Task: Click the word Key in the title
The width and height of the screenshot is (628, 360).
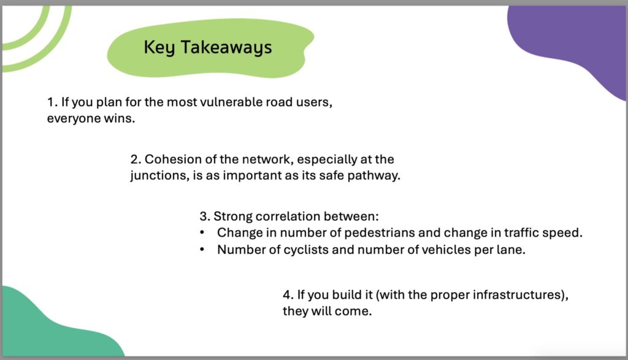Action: (x=159, y=48)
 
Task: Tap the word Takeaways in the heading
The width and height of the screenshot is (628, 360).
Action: (x=226, y=48)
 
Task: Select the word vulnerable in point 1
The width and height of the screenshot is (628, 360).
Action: (x=231, y=102)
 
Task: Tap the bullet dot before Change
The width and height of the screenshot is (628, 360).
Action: (x=202, y=233)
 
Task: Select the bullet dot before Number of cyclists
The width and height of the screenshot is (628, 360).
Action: (x=202, y=250)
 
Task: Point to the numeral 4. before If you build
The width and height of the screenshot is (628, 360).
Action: (x=288, y=295)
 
